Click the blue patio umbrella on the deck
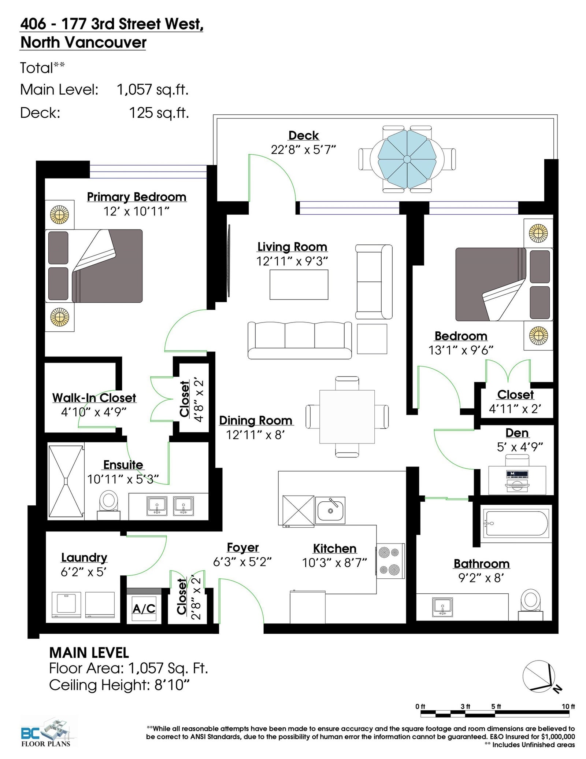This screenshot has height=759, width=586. [407, 159]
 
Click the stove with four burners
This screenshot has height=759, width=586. [390, 561]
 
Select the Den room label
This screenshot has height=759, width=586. [517, 433]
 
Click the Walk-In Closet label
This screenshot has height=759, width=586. [94, 398]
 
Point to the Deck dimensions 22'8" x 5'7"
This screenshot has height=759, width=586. [303, 150]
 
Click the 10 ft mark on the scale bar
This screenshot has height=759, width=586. [568, 706]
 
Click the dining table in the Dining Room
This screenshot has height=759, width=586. [347, 417]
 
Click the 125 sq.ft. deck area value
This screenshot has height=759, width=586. [159, 113]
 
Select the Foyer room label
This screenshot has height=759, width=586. [243, 548]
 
